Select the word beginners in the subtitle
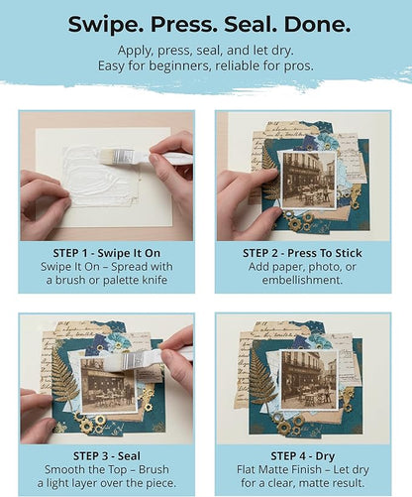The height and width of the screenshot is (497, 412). point(176,65)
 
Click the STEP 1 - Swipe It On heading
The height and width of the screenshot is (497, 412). point(107,253)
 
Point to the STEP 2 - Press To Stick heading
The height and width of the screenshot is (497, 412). point(302,253)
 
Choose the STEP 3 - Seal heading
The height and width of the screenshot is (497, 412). point(107,456)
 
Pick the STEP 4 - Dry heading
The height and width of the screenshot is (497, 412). point(303,456)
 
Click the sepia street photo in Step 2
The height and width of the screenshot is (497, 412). point(308,181)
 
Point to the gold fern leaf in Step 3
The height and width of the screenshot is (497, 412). point(64,378)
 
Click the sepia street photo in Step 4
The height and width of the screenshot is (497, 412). point(309,380)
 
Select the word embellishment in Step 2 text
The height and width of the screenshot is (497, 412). point(302,280)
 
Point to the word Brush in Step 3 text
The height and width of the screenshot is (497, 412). point(154,469)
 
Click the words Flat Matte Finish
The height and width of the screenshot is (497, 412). point(278,469)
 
